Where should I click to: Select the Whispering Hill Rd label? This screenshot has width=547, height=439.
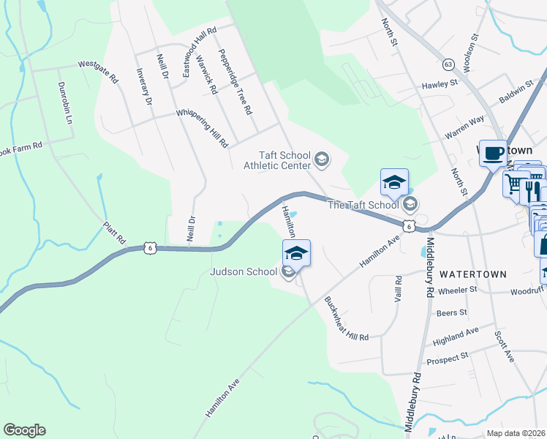click(202, 129)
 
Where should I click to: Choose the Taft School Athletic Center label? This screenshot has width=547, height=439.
click(284, 159)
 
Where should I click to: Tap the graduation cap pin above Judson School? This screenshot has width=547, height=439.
click(296, 252)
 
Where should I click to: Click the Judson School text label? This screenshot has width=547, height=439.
click(244, 271)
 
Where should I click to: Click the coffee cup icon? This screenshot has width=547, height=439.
click(493, 154)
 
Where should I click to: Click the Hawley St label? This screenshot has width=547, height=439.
click(439, 85)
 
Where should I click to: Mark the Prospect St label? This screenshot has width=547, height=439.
click(448, 359)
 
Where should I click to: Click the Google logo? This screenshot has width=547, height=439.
click(24, 430)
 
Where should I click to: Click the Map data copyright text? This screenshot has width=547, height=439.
click(516, 433)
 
